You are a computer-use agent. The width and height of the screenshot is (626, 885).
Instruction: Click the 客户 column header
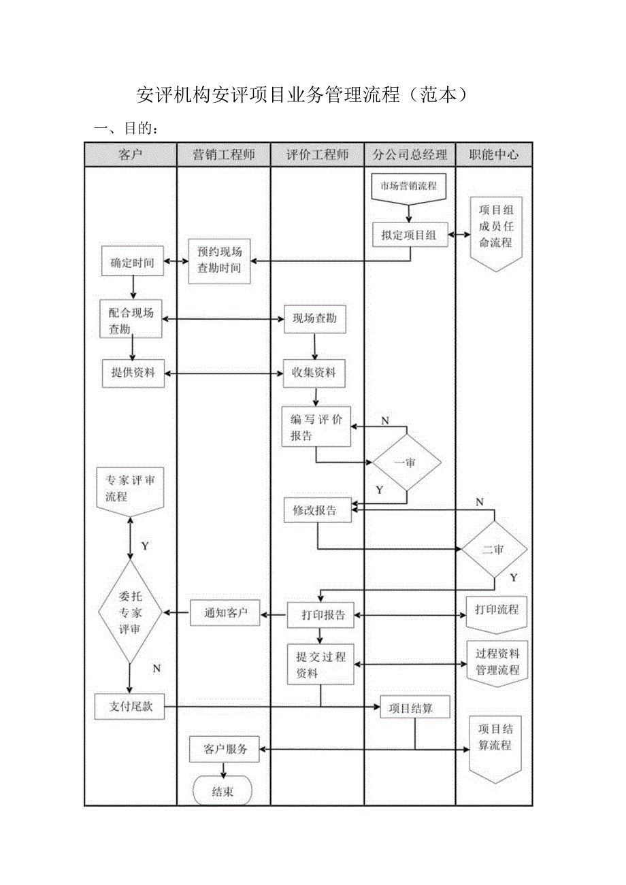click(130, 154)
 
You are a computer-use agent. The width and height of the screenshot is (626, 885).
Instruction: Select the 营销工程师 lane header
click(223, 154)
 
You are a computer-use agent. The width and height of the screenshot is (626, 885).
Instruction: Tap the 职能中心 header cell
click(493, 154)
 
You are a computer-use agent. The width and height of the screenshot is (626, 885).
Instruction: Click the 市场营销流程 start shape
click(408, 186)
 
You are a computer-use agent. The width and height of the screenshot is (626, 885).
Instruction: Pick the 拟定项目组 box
click(409, 235)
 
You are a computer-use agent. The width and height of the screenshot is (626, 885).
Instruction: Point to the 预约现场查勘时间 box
click(219, 260)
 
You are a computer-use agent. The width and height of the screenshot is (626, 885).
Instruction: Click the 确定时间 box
click(133, 262)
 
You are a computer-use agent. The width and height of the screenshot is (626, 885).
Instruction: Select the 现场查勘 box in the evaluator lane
click(314, 318)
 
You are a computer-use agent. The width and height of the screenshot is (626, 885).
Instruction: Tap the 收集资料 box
click(314, 373)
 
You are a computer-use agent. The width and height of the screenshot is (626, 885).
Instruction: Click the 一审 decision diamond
click(406, 463)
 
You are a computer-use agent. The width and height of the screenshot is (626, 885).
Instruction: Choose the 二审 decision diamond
click(494, 550)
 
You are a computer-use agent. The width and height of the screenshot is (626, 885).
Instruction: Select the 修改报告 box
click(317, 510)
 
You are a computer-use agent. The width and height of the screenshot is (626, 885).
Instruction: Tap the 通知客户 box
click(225, 613)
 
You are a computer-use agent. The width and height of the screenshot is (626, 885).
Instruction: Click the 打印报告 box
click(320, 615)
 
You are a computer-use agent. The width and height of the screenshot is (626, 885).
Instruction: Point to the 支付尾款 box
click(129, 706)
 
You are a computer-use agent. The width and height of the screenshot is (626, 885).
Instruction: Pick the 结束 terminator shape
click(223, 792)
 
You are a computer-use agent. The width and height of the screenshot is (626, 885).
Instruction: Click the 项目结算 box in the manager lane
click(414, 707)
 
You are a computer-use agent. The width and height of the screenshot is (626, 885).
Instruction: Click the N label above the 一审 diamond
click(384, 421)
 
